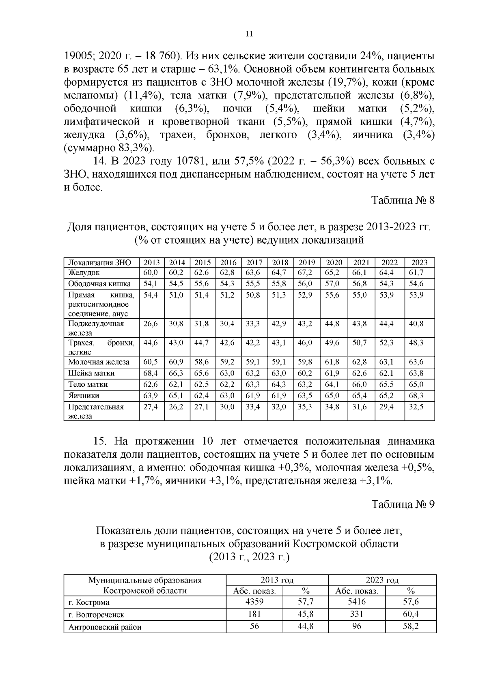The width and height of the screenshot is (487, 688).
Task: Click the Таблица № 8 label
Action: point(403,201)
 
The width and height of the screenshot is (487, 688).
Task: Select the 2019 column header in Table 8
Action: point(307,262)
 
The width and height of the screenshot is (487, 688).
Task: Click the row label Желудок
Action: point(84,272)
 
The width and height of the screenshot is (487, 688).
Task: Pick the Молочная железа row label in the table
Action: point(99,362)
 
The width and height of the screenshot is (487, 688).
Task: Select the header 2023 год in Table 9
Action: point(382,580)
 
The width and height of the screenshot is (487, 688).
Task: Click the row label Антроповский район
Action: point(105,627)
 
